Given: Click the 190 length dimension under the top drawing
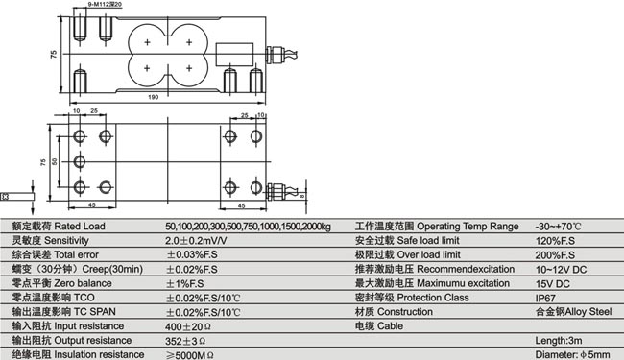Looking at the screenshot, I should tap(155, 98).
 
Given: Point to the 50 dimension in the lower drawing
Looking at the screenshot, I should tap(56, 161).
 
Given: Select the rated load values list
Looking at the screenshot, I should tap(248, 227).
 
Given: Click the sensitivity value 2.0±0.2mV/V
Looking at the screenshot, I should tap(197, 241).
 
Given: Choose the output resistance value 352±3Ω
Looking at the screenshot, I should tap(187, 341).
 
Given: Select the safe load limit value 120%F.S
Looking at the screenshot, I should tap(554, 241).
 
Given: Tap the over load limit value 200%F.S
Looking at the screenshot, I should tap(554, 255).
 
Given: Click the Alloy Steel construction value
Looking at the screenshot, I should tap(572, 313).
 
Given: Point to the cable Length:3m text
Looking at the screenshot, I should tap(556, 341).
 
